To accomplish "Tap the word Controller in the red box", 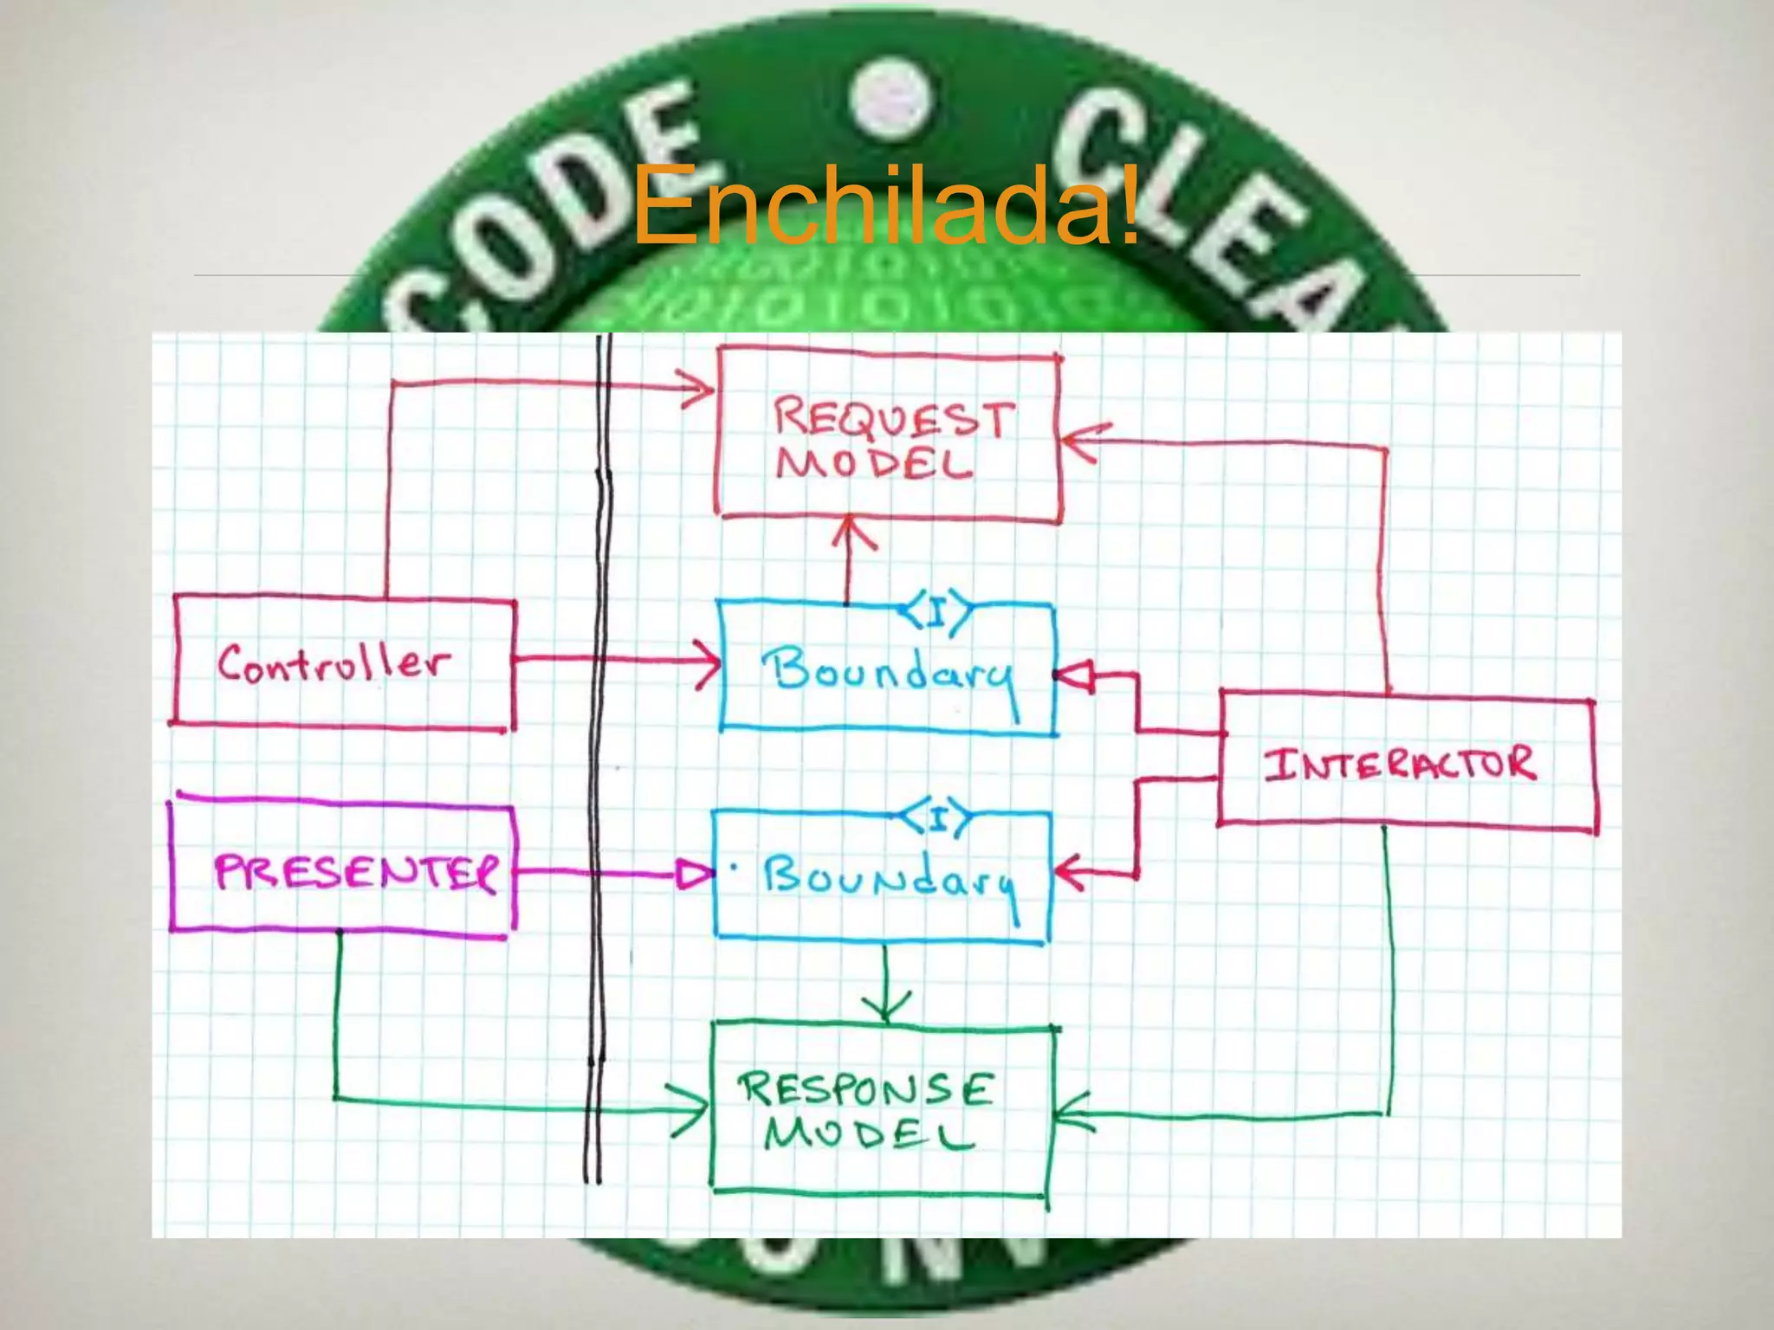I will coord(333,665).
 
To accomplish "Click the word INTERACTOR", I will coord(1399,765).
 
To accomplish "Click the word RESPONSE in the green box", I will coord(865,1089).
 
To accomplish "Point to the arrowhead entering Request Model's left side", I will coord(698,389).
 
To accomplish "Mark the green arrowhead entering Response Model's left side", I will coord(694,1111).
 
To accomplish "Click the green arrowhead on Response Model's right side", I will coord(1072,1114).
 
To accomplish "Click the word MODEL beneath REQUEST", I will coord(875,466).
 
